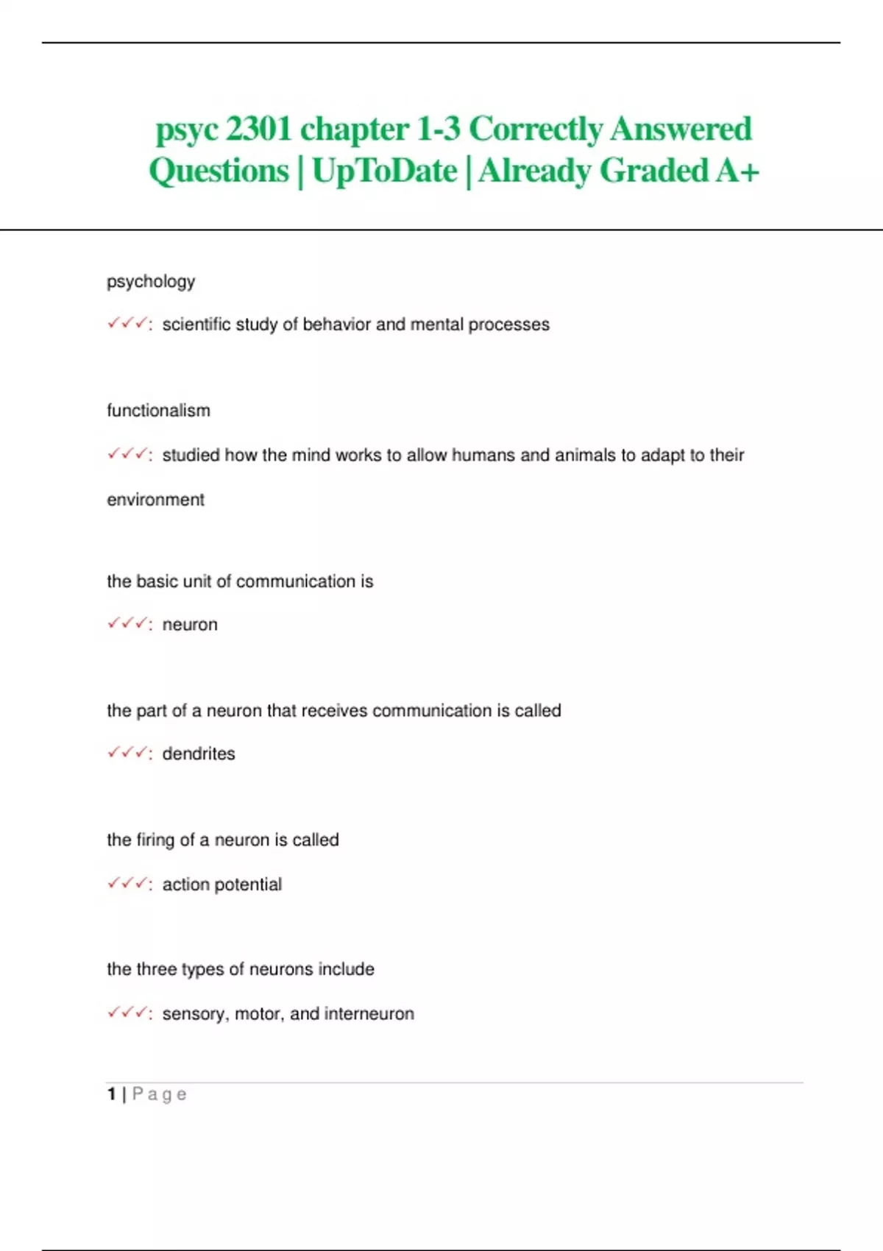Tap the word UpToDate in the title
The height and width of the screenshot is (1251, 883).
pos(384,171)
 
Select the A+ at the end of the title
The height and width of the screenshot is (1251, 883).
pos(737,171)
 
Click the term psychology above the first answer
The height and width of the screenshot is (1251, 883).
pos(151,282)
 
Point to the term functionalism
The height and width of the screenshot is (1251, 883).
pos(158,411)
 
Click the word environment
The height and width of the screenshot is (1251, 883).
pos(155,500)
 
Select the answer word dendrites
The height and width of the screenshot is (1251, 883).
pos(199,754)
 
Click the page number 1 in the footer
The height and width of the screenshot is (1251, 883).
pos(111,1094)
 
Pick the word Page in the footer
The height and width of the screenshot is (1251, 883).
pos(159,1095)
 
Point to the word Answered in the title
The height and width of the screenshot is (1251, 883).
pos(681,130)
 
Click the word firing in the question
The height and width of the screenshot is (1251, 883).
pos(155,840)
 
